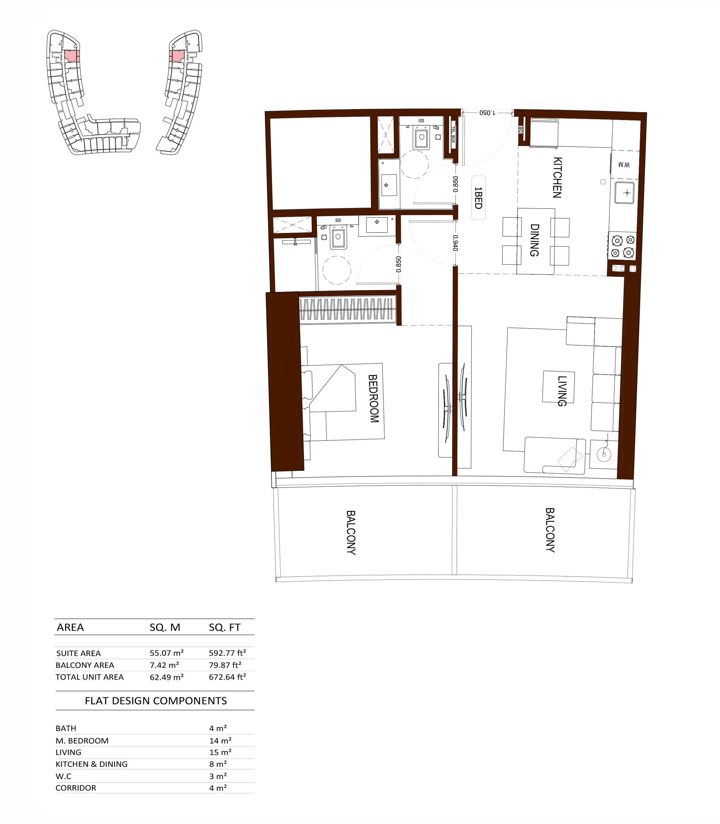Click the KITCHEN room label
pos(557,177)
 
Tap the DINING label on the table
pos(534,240)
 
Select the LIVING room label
pos(562,391)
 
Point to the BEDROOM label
pos(373,399)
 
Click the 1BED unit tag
pos(478,198)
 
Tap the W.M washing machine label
pos(624,165)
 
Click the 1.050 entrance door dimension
pos(487,113)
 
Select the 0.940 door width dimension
pos(455,243)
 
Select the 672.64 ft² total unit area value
pos(227,677)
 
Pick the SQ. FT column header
pos(225,627)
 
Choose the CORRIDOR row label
pos(76,788)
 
